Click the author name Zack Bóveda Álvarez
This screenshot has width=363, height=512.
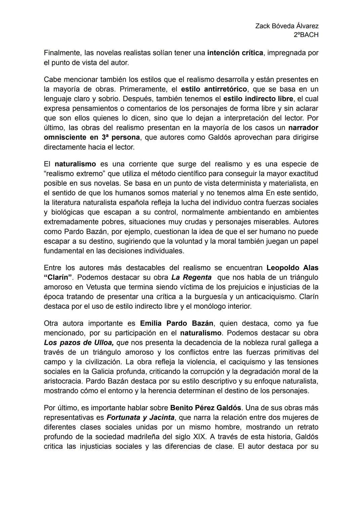pyautogui.click(x=287, y=26)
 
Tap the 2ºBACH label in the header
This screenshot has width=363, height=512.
pyautogui.click(x=306, y=35)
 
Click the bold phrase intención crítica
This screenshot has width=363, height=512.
pyautogui.click(x=235, y=53)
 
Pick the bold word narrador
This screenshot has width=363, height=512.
pyautogui.click(x=303, y=128)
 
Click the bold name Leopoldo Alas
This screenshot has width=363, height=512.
pyautogui.click(x=292, y=268)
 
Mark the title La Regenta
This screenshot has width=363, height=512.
pyautogui.click(x=191, y=278)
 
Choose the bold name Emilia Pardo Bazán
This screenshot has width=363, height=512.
pyautogui.click(x=176, y=324)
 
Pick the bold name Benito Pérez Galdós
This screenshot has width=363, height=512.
pyautogui.click(x=206, y=408)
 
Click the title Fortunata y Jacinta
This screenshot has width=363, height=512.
pyautogui.click(x=140, y=418)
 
